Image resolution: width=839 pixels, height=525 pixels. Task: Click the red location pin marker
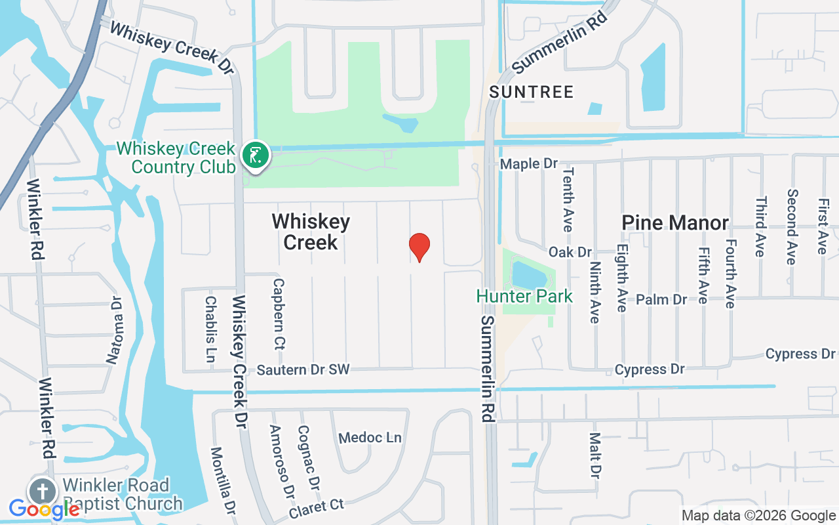[x=419, y=246]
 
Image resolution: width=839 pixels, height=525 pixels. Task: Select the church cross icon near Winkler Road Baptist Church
[x=42, y=492]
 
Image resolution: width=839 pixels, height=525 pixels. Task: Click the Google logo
[x=43, y=509]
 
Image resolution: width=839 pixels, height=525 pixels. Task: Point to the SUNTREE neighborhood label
[x=531, y=91]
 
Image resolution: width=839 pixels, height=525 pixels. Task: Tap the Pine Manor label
[x=675, y=223]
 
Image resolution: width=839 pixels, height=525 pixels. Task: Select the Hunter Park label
[x=524, y=296]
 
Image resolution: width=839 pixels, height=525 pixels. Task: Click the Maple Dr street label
[x=528, y=163]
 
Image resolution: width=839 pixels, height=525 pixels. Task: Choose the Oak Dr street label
[x=570, y=252]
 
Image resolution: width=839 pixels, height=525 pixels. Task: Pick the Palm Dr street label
[x=661, y=299]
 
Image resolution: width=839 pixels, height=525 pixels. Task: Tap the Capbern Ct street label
[x=279, y=314]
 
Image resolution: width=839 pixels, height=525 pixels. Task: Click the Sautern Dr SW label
[x=303, y=370]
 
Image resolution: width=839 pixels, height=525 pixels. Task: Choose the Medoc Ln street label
[x=370, y=437]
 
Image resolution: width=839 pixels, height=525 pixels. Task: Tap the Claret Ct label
[x=317, y=506]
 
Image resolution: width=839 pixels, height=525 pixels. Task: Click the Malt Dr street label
[x=595, y=455]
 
